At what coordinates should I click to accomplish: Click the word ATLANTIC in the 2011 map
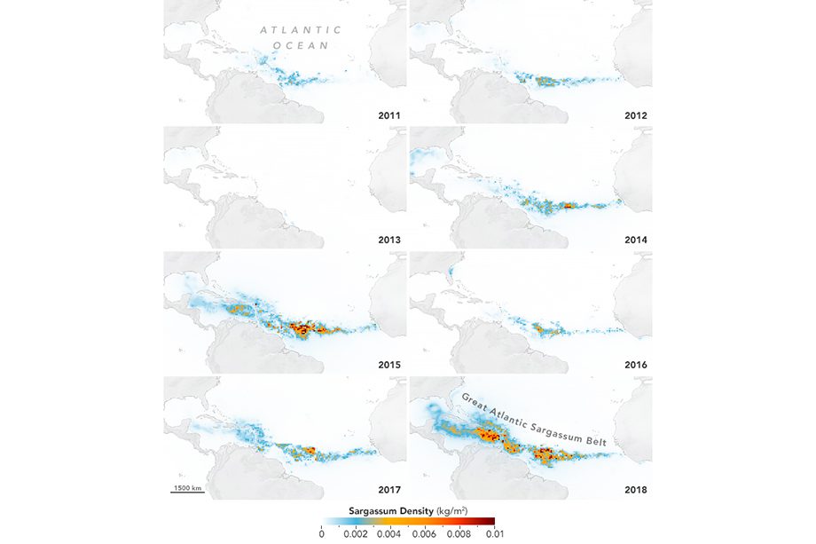[301, 30]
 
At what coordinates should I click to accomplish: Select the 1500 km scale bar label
[187, 487]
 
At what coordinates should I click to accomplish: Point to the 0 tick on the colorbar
[321, 534]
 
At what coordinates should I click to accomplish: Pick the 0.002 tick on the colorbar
[354, 534]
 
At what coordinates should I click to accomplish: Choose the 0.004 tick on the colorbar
[388, 534]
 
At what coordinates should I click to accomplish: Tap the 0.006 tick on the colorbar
[423, 534]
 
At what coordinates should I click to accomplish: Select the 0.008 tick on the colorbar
[458, 534]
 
